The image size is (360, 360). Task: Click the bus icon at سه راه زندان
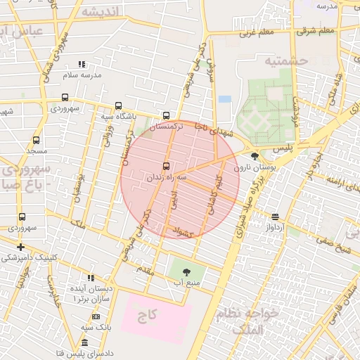166,167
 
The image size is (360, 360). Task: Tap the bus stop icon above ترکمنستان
166,115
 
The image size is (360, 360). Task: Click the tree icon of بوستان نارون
254,156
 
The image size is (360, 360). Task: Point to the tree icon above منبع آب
186,271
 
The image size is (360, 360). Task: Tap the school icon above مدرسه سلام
82,64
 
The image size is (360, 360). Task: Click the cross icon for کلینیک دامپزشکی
21,247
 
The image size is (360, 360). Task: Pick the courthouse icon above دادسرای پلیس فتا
84,342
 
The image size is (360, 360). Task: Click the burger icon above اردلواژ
274,217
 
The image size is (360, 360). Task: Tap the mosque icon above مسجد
36,140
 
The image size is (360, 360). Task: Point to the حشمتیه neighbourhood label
286,61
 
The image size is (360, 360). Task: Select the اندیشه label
100,13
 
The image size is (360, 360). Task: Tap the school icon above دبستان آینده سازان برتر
89,278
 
